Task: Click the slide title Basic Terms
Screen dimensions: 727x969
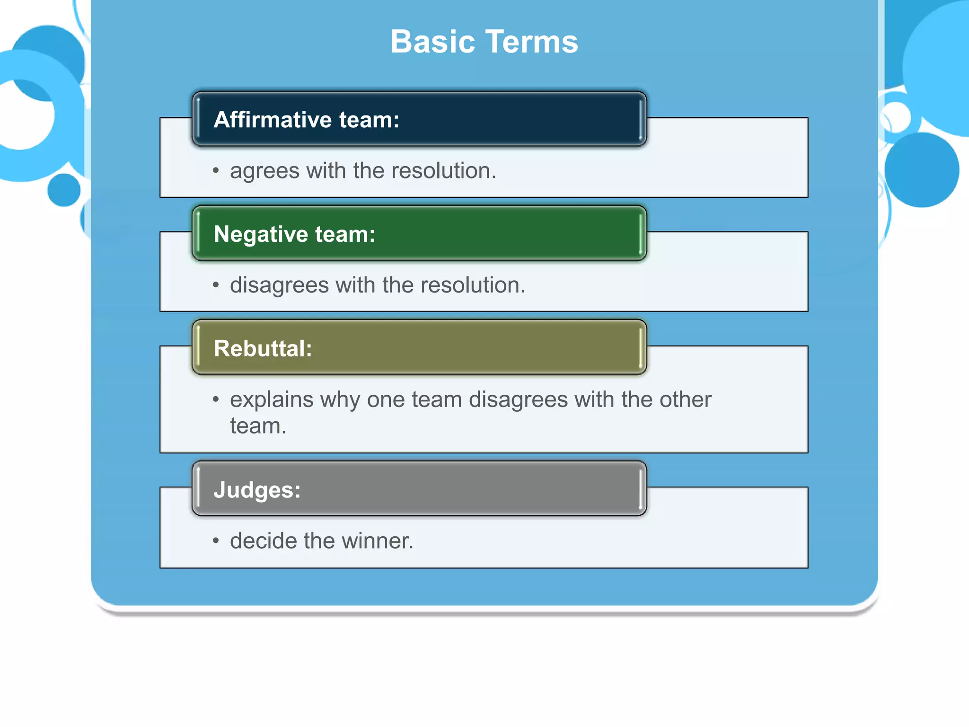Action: [484, 42]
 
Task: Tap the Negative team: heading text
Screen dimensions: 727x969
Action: [294, 234]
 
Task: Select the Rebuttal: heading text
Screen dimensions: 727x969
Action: [263, 349]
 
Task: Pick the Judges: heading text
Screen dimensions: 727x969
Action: [257, 490]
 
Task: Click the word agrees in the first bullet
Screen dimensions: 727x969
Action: [264, 171]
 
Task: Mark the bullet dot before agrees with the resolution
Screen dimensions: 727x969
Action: [216, 171]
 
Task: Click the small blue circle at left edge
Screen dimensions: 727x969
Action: [64, 190]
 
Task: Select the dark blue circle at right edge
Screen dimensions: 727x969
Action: [921, 170]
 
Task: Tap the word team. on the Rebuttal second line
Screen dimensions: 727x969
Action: [258, 426]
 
